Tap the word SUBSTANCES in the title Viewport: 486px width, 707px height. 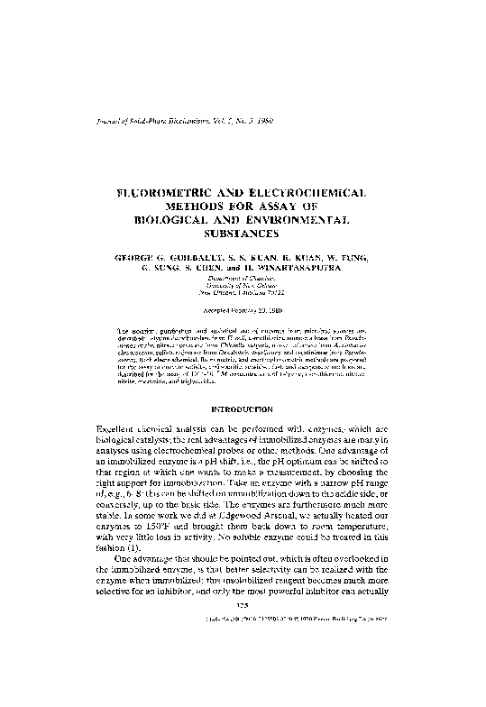coord(241,232)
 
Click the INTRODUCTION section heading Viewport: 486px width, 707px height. coord(241,409)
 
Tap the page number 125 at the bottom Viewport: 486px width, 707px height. coord(241,607)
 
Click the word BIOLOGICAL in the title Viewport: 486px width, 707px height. coord(174,219)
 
